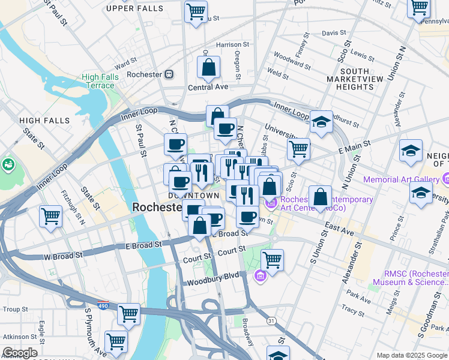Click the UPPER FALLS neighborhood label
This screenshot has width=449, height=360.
click(x=134, y=8)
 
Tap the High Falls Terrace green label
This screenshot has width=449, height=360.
click(x=98, y=81)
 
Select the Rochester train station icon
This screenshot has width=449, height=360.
click(x=170, y=74)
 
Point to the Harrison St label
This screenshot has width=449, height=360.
click(x=228, y=44)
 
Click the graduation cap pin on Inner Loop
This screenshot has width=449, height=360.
click(x=322, y=122)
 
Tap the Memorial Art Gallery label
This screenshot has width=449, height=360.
click(x=401, y=179)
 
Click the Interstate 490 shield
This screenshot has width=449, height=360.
click(x=103, y=305)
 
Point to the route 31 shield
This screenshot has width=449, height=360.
click(x=271, y=321)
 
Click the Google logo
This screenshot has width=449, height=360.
click(x=19, y=353)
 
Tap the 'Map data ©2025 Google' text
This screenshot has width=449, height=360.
click(x=412, y=355)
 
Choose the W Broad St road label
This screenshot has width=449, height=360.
click(x=63, y=256)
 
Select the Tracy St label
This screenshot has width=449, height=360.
click(x=350, y=308)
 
